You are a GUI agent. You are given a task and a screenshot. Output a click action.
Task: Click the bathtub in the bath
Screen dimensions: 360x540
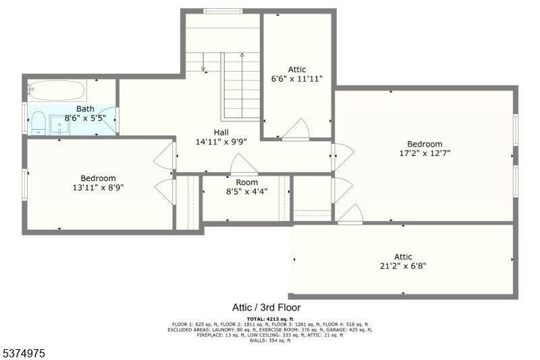point(57,90)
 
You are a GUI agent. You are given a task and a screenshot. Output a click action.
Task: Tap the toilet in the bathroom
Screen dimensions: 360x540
point(38,123)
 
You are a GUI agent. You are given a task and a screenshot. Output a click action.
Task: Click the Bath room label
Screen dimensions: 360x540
point(85,109)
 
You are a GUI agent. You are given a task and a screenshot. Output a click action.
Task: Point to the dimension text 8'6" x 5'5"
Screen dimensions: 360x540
point(85,118)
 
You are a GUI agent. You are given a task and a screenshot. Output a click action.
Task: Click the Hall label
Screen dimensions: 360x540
point(221,132)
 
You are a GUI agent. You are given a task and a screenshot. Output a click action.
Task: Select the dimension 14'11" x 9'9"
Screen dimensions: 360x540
point(221,142)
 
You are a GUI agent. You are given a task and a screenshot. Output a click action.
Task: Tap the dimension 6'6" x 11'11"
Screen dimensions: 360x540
point(296,78)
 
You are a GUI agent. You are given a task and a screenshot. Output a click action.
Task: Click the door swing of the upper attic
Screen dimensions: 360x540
point(297,129)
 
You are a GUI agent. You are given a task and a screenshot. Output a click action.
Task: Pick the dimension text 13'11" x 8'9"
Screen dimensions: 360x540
point(99,188)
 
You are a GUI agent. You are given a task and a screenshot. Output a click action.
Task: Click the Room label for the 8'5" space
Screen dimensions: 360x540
point(246,182)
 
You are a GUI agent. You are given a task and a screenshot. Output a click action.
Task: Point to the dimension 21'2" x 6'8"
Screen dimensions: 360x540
point(403,265)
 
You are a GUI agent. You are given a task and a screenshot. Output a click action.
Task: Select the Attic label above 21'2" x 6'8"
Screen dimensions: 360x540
point(403,257)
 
